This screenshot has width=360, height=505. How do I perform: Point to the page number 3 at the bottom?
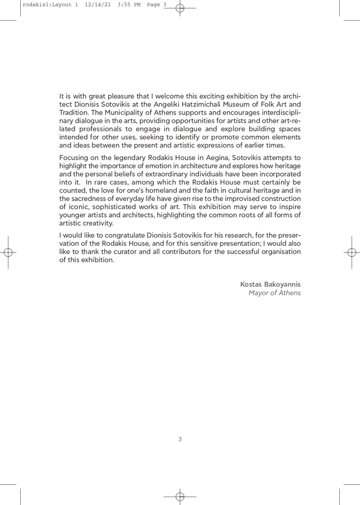coord(180,439)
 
